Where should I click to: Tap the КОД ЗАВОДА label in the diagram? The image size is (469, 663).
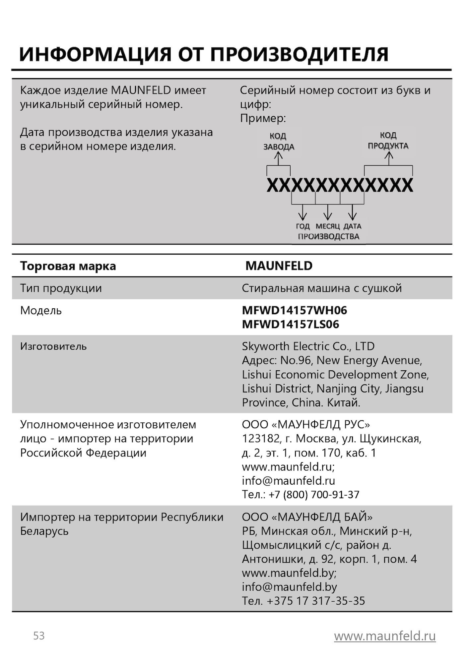point(279,141)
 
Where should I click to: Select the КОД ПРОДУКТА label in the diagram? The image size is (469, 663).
point(388,141)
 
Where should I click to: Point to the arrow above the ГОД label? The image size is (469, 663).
point(302,212)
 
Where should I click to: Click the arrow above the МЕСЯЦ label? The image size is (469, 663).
point(328,212)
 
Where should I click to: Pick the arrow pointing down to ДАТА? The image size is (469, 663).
point(353,212)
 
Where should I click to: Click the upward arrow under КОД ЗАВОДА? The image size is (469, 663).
point(278,158)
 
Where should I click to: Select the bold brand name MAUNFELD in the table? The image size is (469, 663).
point(279,266)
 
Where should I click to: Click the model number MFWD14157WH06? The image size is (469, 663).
point(295,311)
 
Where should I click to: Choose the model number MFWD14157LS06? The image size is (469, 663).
point(291,325)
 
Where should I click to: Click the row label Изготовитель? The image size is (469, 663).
point(53,347)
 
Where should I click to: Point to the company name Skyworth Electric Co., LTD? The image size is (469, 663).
point(308,346)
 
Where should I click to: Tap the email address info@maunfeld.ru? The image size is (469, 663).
point(289,481)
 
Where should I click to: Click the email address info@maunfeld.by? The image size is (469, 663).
point(289,587)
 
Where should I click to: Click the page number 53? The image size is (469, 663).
point(39,636)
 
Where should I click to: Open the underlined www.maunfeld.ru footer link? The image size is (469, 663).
point(385,636)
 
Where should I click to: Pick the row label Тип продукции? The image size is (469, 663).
point(61,288)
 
